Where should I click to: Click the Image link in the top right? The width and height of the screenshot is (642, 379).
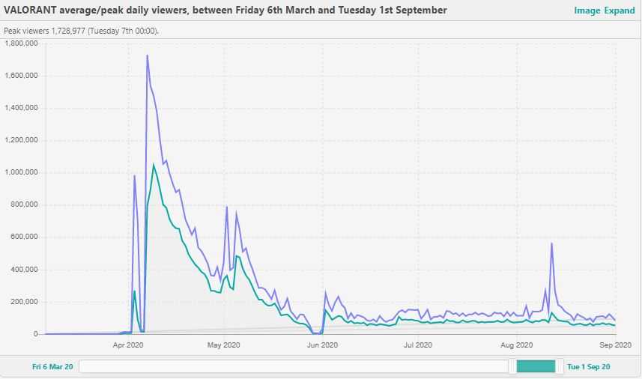[x=587, y=10]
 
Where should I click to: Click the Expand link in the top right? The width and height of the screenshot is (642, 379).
[x=620, y=10]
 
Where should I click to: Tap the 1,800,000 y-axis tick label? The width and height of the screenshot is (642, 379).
[x=22, y=43]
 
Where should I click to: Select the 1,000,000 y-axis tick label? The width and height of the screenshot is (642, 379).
[x=22, y=173]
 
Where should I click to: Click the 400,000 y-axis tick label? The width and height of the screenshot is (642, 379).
[x=25, y=270]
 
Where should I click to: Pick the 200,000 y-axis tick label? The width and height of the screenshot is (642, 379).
[x=25, y=302]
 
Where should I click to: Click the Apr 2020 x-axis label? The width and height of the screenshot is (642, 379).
[x=128, y=345]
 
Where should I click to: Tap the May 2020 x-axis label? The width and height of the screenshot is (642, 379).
[x=223, y=345]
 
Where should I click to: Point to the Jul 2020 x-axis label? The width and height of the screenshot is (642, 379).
[x=417, y=345]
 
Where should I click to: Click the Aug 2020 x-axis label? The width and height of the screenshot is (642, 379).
[x=515, y=345]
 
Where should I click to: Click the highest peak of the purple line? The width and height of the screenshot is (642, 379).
[x=147, y=55]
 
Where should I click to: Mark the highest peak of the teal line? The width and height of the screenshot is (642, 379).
[x=154, y=165]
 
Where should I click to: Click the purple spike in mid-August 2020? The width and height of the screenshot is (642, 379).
[x=551, y=243]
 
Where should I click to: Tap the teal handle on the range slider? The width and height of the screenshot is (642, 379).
[x=536, y=366]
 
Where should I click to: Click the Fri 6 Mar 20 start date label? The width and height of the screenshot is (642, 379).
[x=52, y=367]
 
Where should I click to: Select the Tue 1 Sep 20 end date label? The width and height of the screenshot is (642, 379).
[x=589, y=367]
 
